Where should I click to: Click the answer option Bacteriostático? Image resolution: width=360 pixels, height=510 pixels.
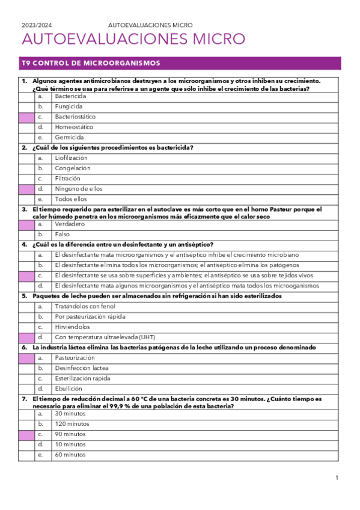coord(75,117)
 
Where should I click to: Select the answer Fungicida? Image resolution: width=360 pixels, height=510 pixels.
coord(69,106)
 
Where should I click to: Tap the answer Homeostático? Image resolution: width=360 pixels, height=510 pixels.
coord(74,127)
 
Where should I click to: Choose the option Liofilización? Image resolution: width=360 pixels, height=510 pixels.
coord(71,158)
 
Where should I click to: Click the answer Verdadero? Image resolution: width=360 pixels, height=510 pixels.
coord(69,224)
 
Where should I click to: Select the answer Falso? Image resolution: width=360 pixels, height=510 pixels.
coord(62,234)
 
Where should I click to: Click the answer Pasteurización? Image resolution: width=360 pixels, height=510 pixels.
coord(75,358)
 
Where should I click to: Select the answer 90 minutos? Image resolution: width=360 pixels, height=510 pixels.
coord(70,434)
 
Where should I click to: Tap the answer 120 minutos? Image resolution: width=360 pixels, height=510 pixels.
coord(72,424)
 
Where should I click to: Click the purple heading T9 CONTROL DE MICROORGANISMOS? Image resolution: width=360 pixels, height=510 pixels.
coord(90,63)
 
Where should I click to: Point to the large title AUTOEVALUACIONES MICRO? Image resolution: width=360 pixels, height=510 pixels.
coord(133,40)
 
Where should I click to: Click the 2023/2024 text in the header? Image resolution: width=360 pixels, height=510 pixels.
coord(37,25)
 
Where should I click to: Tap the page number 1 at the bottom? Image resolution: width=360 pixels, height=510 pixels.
coord(337,478)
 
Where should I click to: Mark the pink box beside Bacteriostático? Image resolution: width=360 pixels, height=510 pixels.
coord(26,117)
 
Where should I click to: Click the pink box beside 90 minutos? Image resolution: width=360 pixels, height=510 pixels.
coord(26,434)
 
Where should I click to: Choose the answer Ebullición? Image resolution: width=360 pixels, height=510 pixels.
coord(68,389)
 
